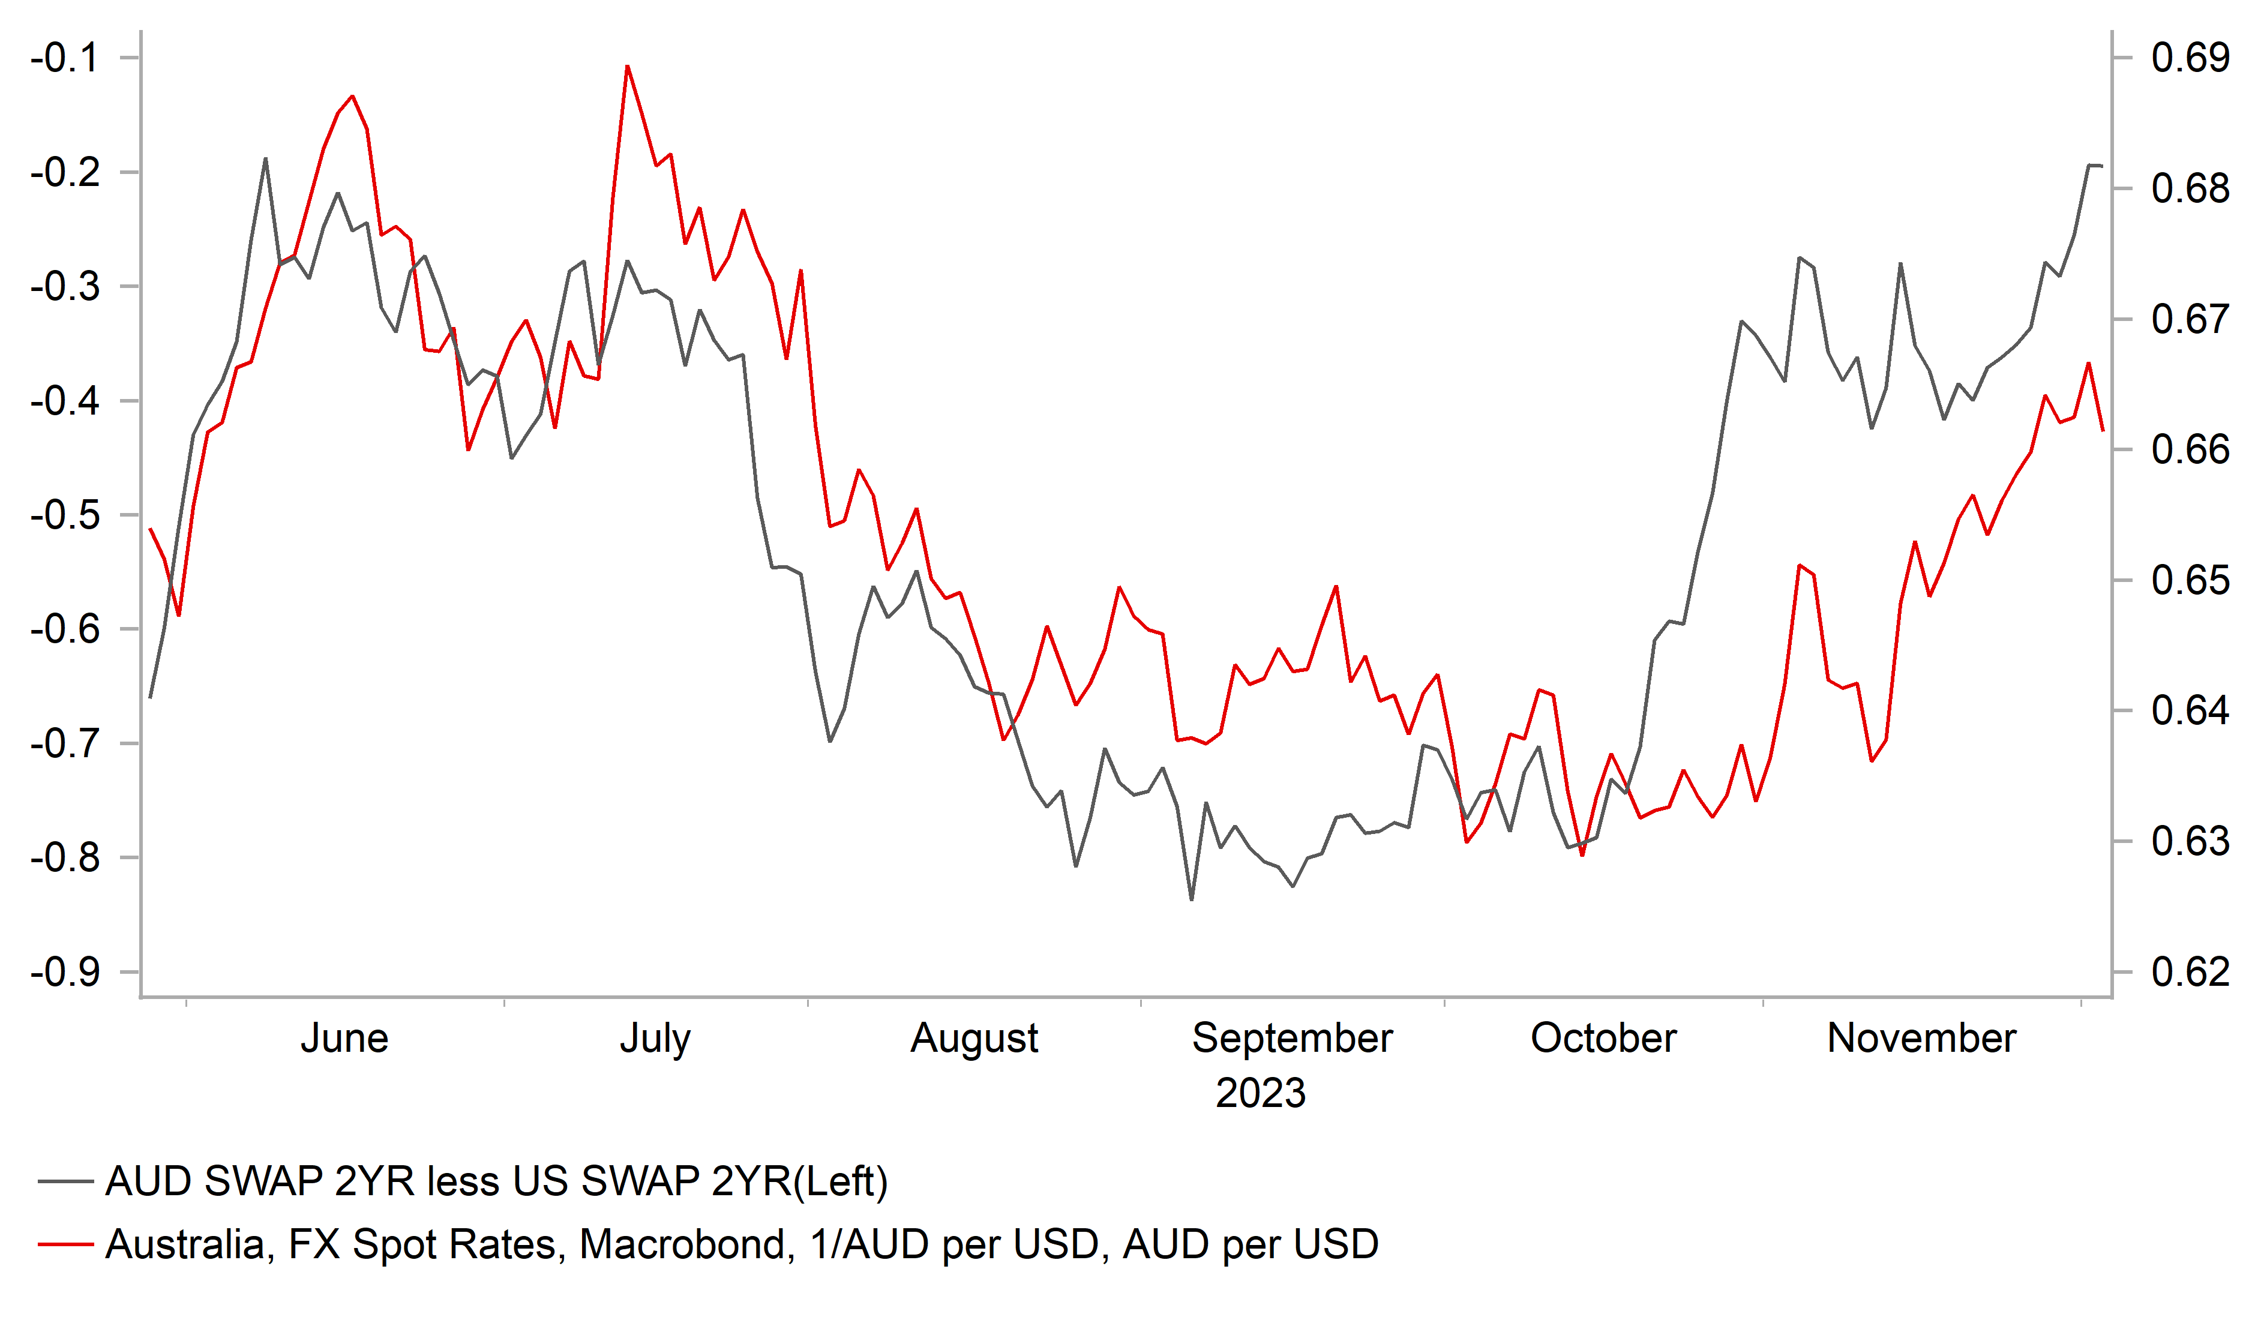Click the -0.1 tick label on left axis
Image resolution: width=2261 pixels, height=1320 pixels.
pyautogui.click(x=65, y=58)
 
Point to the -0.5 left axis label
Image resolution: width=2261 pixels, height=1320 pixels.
pyautogui.click(x=65, y=515)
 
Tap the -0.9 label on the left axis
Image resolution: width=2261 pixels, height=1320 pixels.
pyautogui.click(x=65, y=972)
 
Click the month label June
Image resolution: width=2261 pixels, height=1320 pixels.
pyautogui.click(x=344, y=1038)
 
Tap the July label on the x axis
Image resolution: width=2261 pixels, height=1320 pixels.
pyautogui.click(x=655, y=1038)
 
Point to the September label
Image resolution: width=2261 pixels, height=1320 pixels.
pyautogui.click(x=1291, y=1038)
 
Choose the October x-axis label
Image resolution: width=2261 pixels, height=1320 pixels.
pyautogui.click(x=1603, y=1038)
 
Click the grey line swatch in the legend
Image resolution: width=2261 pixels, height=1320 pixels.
pyautogui.click(x=65, y=1182)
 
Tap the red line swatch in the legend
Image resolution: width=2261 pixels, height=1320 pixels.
pyautogui.click(x=65, y=1244)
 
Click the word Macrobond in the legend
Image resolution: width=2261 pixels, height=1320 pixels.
pyautogui.click(x=686, y=1244)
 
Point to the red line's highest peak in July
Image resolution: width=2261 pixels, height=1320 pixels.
pyautogui.click(x=627, y=67)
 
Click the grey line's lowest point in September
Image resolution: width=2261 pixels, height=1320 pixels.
pyautogui.click(x=1192, y=899)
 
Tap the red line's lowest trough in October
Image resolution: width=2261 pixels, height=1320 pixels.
pyautogui.click(x=1582, y=855)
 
